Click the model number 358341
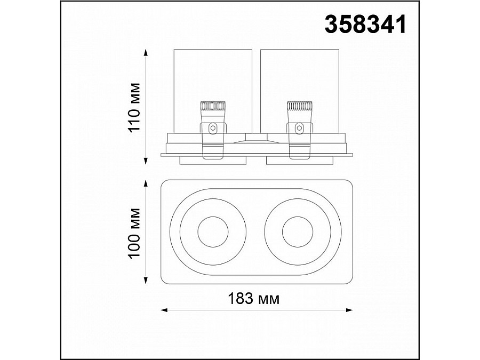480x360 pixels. point(365,25)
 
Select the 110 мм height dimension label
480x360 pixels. point(134,107)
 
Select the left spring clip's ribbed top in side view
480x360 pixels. point(212,106)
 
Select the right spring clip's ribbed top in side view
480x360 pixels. point(299,106)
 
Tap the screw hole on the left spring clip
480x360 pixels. point(212,127)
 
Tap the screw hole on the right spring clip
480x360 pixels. point(299,127)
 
